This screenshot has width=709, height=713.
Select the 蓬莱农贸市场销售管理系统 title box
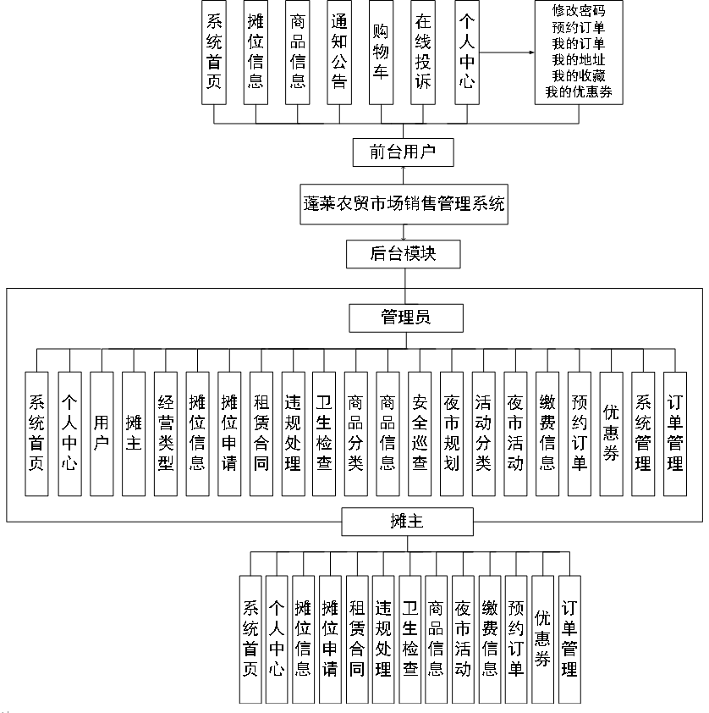[x=404, y=204]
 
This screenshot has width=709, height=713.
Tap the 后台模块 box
[x=403, y=253]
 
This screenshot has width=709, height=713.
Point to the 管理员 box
[x=405, y=318]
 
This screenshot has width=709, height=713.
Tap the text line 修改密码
[x=578, y=11]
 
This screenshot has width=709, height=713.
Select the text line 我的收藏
[x=578, y=76]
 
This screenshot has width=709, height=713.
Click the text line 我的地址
[x=578, y=60]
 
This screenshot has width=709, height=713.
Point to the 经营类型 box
[x=166, y=434]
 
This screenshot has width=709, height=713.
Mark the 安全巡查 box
[x=420, y=434]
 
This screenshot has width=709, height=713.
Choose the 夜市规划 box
[x=452, y=434]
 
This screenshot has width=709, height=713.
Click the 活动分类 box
[x=483, y=434]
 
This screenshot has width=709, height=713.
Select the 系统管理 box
[x=643, y=434]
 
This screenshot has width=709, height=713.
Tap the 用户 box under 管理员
[x=102, y=434]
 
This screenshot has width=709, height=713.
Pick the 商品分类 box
[x=356, y=434]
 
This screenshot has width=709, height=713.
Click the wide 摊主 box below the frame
[x=406, y=522]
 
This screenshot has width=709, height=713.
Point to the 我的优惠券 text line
[x=578, y=92]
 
